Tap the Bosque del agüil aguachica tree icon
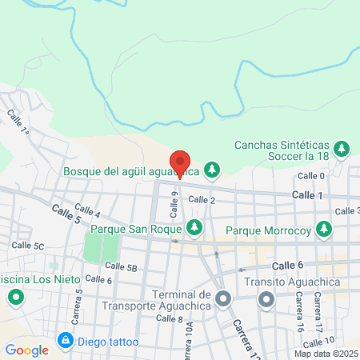212,170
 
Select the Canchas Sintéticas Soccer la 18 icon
342,149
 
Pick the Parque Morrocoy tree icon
324,230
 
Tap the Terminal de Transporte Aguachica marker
224,300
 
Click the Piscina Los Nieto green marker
16,300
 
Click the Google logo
26,350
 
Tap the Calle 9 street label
174,206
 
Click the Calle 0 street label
311,176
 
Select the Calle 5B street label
122,266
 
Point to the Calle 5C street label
28,246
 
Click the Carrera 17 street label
318,313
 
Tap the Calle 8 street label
170,318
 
